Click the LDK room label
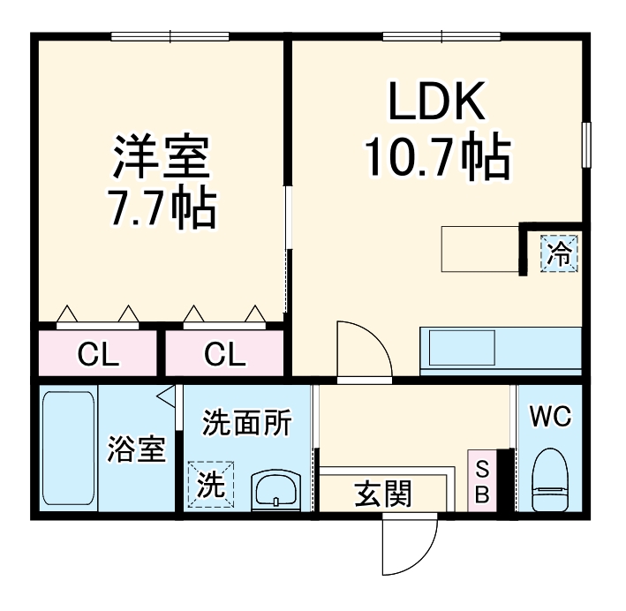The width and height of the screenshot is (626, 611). coord(437,101)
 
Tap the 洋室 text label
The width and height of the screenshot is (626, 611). coord(162,157)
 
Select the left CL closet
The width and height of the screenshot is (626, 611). coord(98,353)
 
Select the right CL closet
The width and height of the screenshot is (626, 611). coord(225,353)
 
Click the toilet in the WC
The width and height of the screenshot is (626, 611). coord(550,479)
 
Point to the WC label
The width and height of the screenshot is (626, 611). coord(550,416)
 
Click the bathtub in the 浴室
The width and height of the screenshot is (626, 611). coord(69,448)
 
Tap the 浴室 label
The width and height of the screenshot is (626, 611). coord(137,449)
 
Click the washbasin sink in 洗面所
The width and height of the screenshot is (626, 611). coord(275,490)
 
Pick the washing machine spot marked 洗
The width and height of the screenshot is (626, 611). coord(211,484)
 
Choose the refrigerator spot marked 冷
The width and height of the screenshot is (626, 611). coord(559,253)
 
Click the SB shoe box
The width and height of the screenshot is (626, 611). coord(482,481)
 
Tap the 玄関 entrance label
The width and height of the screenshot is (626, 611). coord(382,494)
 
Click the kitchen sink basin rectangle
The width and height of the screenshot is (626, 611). coord(462,348)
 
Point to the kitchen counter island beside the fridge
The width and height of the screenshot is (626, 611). coord(480,249)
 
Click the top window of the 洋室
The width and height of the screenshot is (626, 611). coord(170,37)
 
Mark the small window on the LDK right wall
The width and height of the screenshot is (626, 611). coord(586,145)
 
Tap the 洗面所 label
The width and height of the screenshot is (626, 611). coord(247,423)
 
